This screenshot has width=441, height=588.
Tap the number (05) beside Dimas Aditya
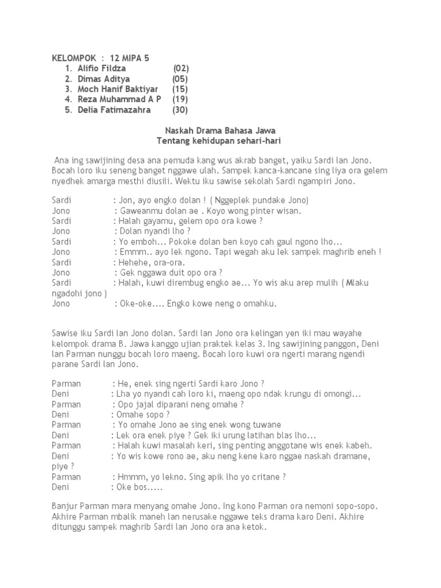click(x=180, y=79)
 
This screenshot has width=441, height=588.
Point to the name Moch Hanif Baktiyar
click(x=118, y=89)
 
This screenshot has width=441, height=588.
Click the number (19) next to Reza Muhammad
click(x=180, y=99)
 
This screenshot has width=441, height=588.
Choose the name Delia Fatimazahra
click(x=114, y=110)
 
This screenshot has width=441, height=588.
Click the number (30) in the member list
click(x=180, y=110)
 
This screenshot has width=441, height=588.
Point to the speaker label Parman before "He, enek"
click(x=66, y=383)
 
